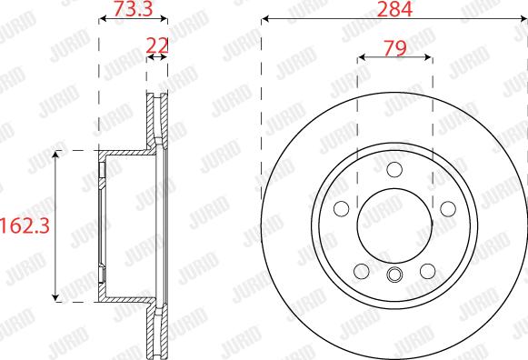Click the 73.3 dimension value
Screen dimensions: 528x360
[x=134, y=8]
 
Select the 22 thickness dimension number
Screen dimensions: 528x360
[x=157, y=45]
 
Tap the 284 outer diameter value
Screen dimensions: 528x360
[x=394, y=9]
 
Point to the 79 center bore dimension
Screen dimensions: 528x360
[x=395, y=48]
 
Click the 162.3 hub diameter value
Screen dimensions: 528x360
[x=25, y=225]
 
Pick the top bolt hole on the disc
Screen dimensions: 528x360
[x=394, y=169]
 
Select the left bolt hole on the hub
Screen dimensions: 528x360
[x=342, y=209]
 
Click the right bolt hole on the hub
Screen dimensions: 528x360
[x=448, y=209]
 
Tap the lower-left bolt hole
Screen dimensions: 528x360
[x=362, y=271]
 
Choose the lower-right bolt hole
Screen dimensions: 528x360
[x=428, y=271]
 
